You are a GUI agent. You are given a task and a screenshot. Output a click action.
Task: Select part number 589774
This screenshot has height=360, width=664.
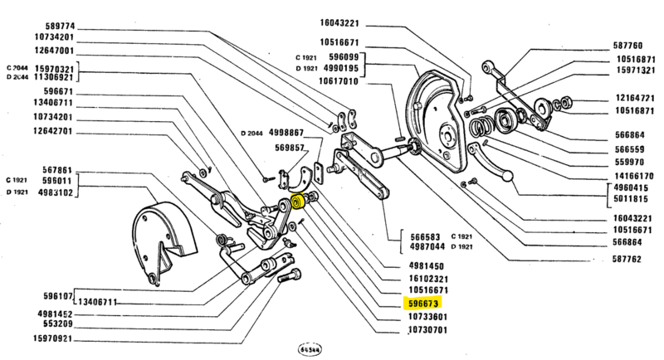tap(52, 25)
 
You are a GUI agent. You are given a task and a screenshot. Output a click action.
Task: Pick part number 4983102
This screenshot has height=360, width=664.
tap(51, 192)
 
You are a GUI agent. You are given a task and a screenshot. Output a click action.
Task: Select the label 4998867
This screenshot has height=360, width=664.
tap(281, 134)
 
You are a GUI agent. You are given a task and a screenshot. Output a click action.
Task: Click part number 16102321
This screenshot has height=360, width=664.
tap(428, 279)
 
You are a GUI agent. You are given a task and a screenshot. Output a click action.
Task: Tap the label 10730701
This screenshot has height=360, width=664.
tap(428, 329)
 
